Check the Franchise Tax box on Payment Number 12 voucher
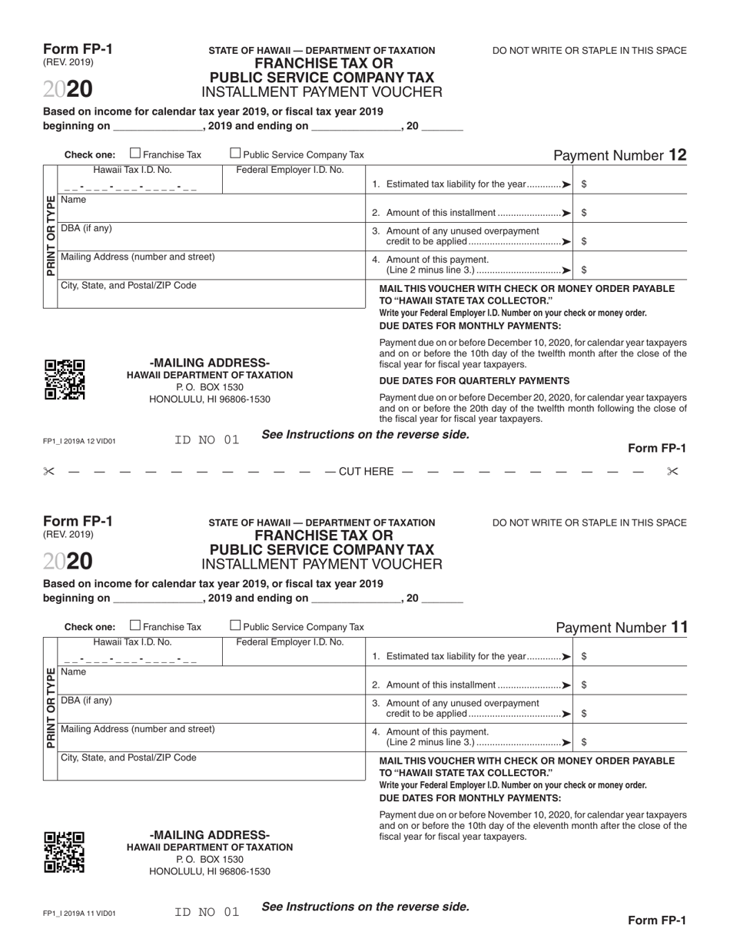pyautogui.click(x=136, y=154)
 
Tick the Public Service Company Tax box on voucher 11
pyautogui.click(x=236, y=625)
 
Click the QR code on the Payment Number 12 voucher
pyautogui.click(x=65, y=380)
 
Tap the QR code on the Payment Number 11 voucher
pyautogui.click(x=65, y=852)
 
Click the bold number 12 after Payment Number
pyautogui.click(x=677, y=154)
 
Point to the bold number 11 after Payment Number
pyautogui.click(x=679, y=627)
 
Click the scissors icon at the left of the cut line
pyautogui.click(x=49, y=471)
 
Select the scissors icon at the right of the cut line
pyautogui.click(x=672, y=471)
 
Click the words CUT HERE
pyautogui.click(x=365, y=471)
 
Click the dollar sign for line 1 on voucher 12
pyautogui.click(x=585, y=184)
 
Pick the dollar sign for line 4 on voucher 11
pyautogui.click(x=585, y=742)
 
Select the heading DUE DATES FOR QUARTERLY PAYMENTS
pyautogui.click(x=474, y=380)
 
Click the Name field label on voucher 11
pyautogui.click(x=74, y=671)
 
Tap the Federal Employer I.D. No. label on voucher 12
pyautogui.click(x=290, y=170)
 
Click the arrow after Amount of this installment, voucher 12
pyautogui.click(x=566, y=213)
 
